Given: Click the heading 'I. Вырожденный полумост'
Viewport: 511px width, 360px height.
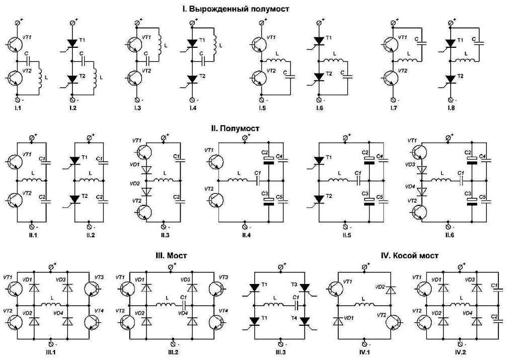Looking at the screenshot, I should coord(236,9).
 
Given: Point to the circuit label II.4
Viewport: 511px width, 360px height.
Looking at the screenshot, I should coord(245,235).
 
